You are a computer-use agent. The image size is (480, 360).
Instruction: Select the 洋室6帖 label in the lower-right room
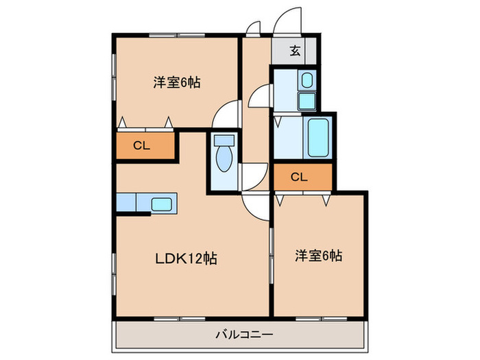point(318,256)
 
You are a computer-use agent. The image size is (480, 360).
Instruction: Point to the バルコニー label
point(245,335)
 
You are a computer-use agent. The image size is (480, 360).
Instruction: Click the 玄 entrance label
point(294,50)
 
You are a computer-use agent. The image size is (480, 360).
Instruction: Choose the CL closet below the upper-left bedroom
point(142,145)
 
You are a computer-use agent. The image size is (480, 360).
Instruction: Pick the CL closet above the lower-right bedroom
point(299,176)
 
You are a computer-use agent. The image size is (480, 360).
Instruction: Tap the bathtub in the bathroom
point(318,138)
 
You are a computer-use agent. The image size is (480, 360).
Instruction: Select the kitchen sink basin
point(162,204)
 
